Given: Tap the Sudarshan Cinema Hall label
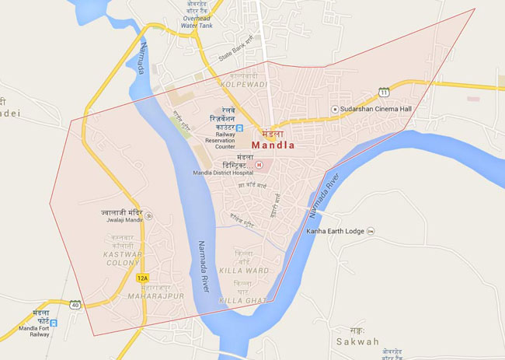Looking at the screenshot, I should coord(377,110).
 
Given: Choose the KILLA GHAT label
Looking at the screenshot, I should coord(243,299).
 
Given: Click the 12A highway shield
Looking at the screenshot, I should coord(141,278).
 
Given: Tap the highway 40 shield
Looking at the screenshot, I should coord(75,305).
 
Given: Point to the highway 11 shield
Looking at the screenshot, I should coord(384,92).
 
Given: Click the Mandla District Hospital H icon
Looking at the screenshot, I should coord(259,165).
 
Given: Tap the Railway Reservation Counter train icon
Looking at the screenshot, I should coord(239,128).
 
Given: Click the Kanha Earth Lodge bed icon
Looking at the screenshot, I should coord(371,231).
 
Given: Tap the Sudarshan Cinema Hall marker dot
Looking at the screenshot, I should coord(334,110).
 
